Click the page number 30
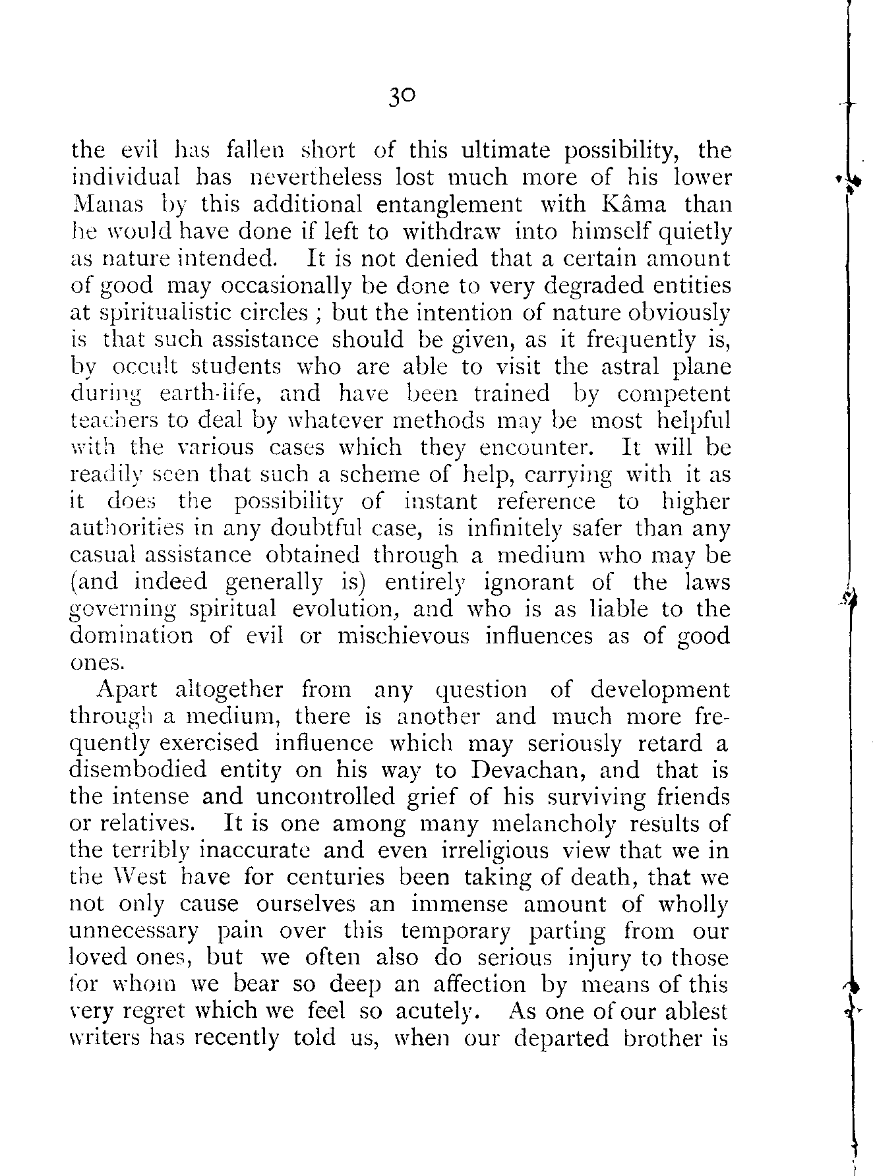tap(402, 97)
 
